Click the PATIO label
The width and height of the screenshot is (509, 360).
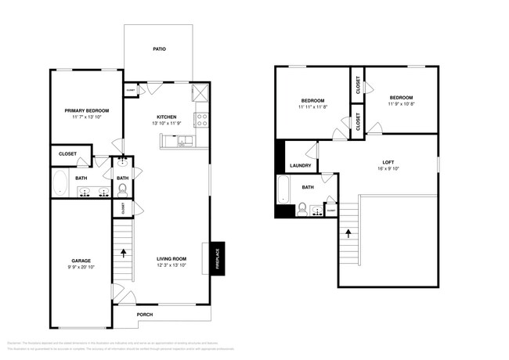click(159, 49)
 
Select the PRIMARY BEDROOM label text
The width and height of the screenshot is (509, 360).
click(86, 111)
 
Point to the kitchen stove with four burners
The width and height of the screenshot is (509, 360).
click(201, 121)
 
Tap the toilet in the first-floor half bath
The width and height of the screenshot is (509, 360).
click(123, 189)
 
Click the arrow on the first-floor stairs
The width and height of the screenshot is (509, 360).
click(123, 253)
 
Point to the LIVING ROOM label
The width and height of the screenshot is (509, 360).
click(170, 259)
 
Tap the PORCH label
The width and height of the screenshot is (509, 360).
click(145, 315)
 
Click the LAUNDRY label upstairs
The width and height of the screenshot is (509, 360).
click(301, 166)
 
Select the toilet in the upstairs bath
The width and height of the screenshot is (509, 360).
click(301, 208)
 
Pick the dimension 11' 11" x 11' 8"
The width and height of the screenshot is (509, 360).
click(313, 107)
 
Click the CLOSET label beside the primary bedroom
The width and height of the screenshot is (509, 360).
click(67, 154)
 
